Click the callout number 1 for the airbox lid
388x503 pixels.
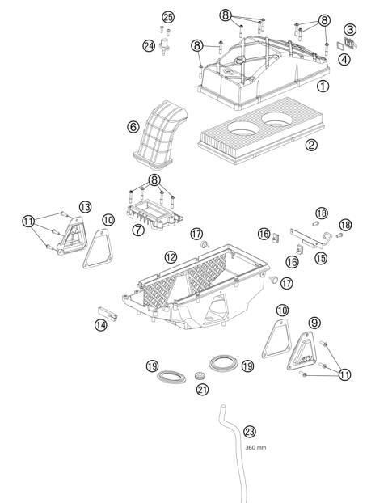pos(323,86)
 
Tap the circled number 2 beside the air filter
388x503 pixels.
pos(311,145)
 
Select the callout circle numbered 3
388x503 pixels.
pos(350,30)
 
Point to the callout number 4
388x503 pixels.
pos(344,60)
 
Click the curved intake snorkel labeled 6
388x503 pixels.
pos(160,135)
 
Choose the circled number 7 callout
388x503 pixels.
pos(138,230)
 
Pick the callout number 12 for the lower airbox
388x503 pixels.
pos(171,256)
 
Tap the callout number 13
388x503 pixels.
pos(86,207)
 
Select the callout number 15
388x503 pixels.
pos(321,258)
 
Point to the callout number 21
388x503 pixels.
pos(202,390)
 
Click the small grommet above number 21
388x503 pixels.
pos(200,375)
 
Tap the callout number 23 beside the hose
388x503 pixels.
pos(250,432)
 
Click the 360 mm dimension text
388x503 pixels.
pos(255,447)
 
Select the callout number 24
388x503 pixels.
pos(149,46)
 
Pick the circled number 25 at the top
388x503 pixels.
pos(168,17)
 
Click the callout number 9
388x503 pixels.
pos(314,323)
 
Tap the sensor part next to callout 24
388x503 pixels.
pos(164,46)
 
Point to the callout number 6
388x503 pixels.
pos(133,127)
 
